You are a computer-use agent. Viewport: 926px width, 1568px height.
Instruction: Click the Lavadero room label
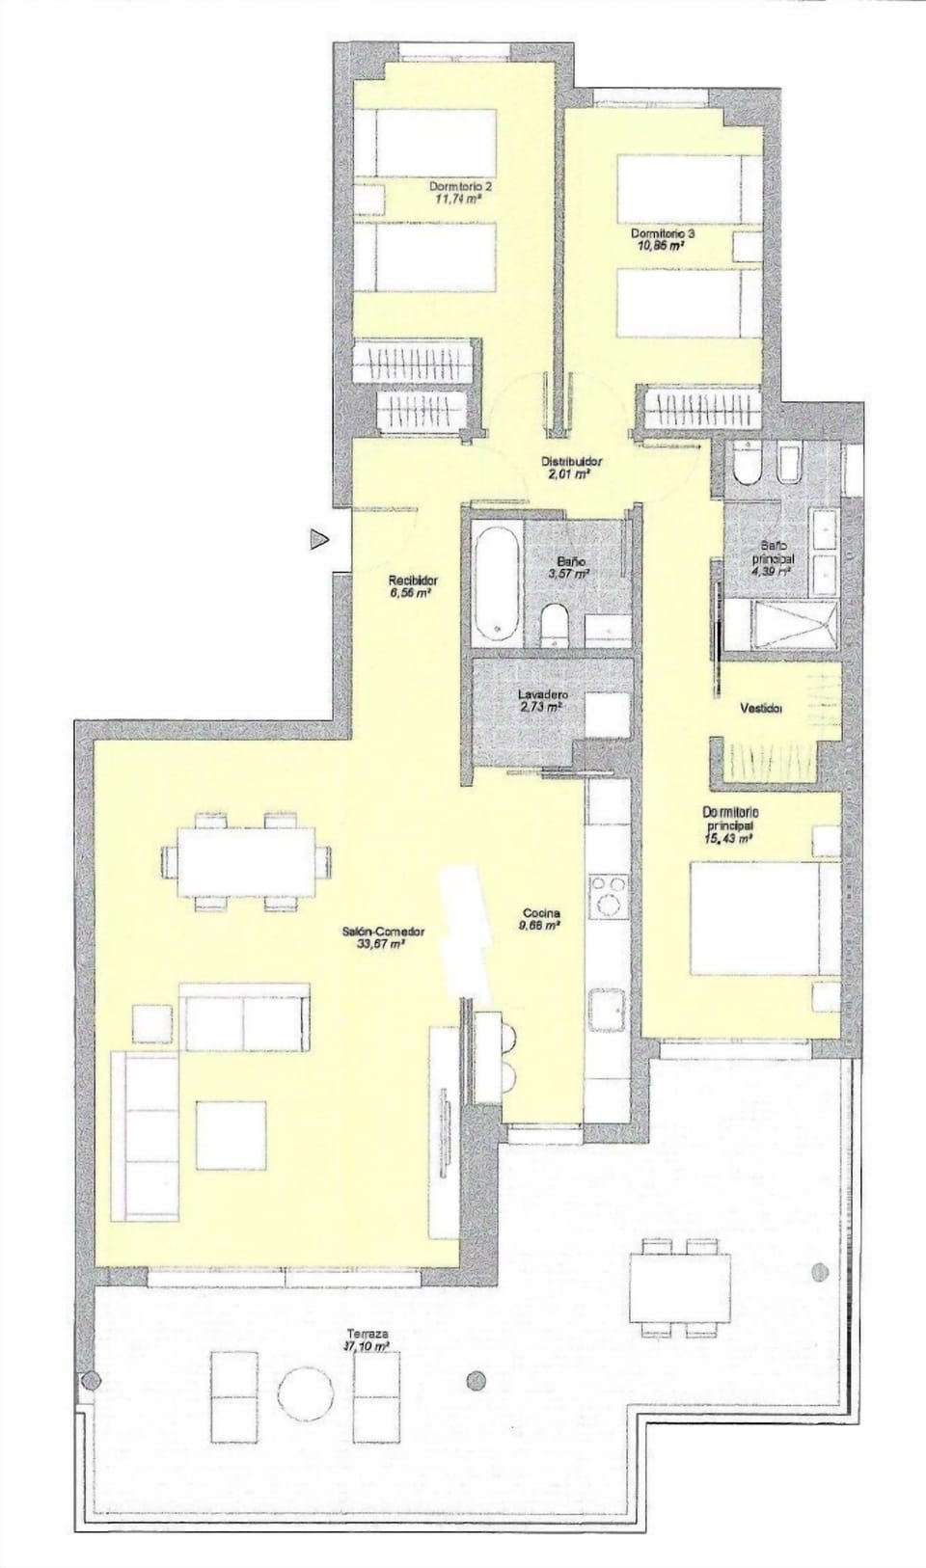click(542, 694)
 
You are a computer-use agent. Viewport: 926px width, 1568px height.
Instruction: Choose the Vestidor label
click(760, 708)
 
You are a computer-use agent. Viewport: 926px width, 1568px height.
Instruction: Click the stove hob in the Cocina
click(610, 895)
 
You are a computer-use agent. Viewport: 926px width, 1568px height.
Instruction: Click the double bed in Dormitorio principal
click(756, 916)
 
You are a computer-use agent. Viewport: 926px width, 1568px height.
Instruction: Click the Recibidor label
click(413, 581)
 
